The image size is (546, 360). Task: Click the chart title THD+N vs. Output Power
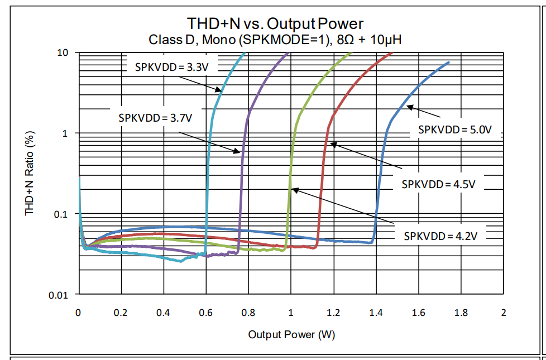click(275, 23)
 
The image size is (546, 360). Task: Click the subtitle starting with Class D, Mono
click(275, 40)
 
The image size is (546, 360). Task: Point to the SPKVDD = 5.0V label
click(454, 129)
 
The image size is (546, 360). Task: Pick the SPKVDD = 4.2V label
click(440, 236)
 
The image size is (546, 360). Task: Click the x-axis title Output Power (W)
click(291, 334)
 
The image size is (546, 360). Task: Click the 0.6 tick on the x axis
click(205, 312)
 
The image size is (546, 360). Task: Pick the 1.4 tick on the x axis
click(376, 312)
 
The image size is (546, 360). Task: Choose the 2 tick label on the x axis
click(504, 312)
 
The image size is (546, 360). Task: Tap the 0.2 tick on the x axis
click(121, 312)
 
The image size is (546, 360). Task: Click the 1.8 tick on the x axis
click(461, 312)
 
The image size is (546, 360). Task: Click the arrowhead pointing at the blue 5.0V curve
click(409, 106)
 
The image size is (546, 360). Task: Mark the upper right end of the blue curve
click(448, 63)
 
